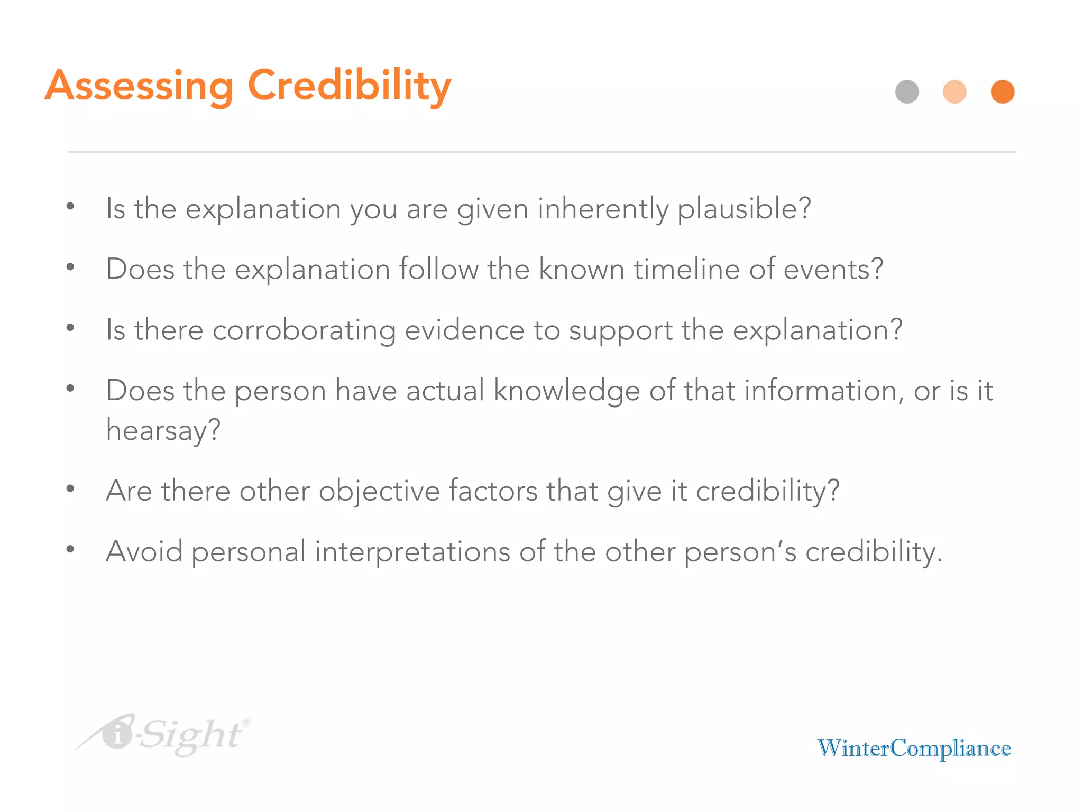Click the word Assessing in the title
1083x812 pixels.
point(139,86)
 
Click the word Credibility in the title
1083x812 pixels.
point(349,86)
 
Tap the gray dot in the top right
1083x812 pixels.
point(907,92)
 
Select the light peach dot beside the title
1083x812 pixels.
point(954,92)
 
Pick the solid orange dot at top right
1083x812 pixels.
point(1002,92)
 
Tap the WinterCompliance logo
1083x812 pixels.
point(914,749)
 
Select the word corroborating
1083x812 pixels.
point(304,331)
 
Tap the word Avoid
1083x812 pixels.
point(144,551)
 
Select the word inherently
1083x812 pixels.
point(603,209)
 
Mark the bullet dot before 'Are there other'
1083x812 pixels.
point(70,489)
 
